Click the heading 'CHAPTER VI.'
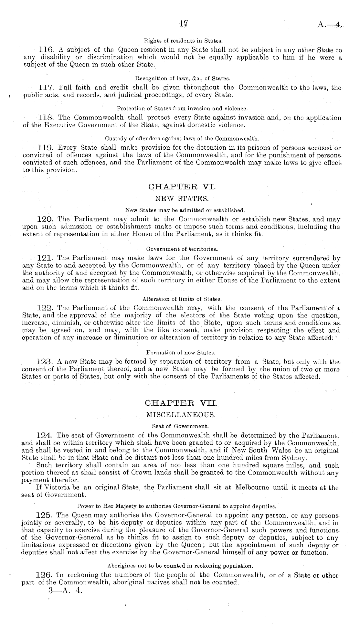(180, 187)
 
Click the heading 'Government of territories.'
(181, 249)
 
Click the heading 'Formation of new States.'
(181, 352)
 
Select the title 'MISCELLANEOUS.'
(180, 414)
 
